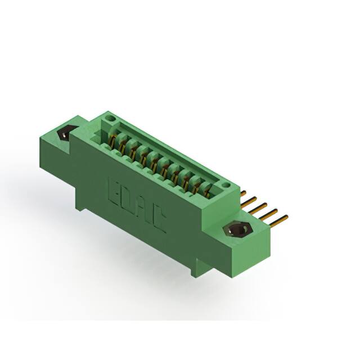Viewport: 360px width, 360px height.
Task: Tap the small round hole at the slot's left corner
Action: tap(111, 119)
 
